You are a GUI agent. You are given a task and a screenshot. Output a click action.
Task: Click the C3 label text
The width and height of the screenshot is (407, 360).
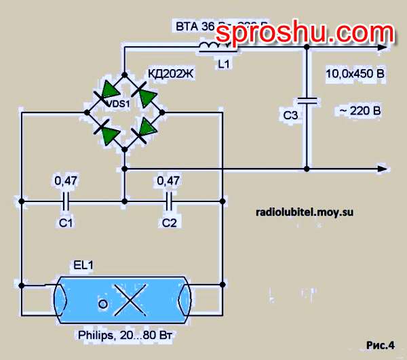290,116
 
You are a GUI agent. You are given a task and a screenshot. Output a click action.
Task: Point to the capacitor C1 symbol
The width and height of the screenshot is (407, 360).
66,201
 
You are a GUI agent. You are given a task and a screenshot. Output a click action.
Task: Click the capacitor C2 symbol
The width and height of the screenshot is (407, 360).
168,201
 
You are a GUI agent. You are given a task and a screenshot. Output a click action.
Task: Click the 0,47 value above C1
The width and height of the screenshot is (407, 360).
64,181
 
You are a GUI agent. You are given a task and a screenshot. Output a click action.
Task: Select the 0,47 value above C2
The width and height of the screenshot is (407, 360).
168,181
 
